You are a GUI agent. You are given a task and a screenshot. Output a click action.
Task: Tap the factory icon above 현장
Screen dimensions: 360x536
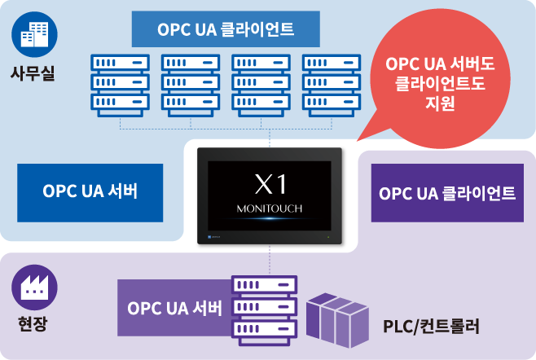pos(33,287)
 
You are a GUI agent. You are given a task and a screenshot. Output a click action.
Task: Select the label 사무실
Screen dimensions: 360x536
pos(33,74)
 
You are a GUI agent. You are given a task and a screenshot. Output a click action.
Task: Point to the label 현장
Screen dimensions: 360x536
pos(33,324)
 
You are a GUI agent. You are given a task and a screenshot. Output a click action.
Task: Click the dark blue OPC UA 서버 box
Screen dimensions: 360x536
pos(90,193)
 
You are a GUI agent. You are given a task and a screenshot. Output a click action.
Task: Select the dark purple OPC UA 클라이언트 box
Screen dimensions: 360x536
pos(447,193)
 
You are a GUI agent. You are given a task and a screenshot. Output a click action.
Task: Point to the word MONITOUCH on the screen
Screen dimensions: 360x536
pos(270,209)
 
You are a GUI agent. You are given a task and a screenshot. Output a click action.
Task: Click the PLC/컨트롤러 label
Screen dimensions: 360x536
pos(431,327)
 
